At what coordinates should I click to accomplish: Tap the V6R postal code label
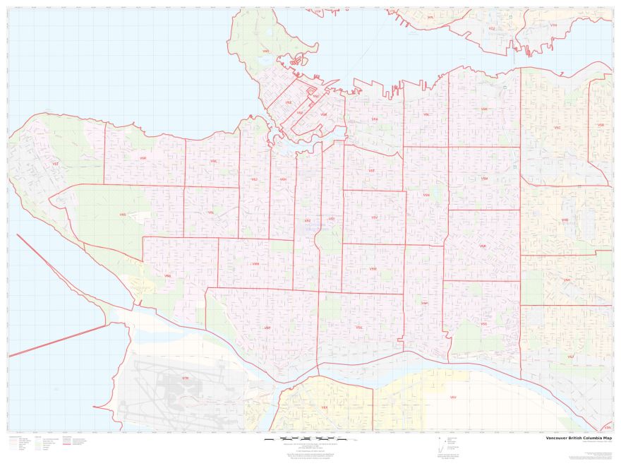tap(143, 158)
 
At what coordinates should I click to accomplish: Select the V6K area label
tap(213, 161)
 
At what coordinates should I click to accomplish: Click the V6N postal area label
tap(167, 275)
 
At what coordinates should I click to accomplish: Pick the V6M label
tap(255, 264)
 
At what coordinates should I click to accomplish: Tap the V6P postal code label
tap(267, 328)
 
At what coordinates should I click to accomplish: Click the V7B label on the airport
tap(186, 378)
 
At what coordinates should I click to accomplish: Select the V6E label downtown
tap(288, 103)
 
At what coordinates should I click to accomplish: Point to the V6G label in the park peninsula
tap(265, 51)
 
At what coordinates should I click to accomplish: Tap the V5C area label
tap(557, 128)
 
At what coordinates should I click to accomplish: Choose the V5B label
tap(601, 125)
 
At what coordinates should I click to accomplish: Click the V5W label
tap(373, 268)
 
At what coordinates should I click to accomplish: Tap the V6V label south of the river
tap(453, 398)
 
